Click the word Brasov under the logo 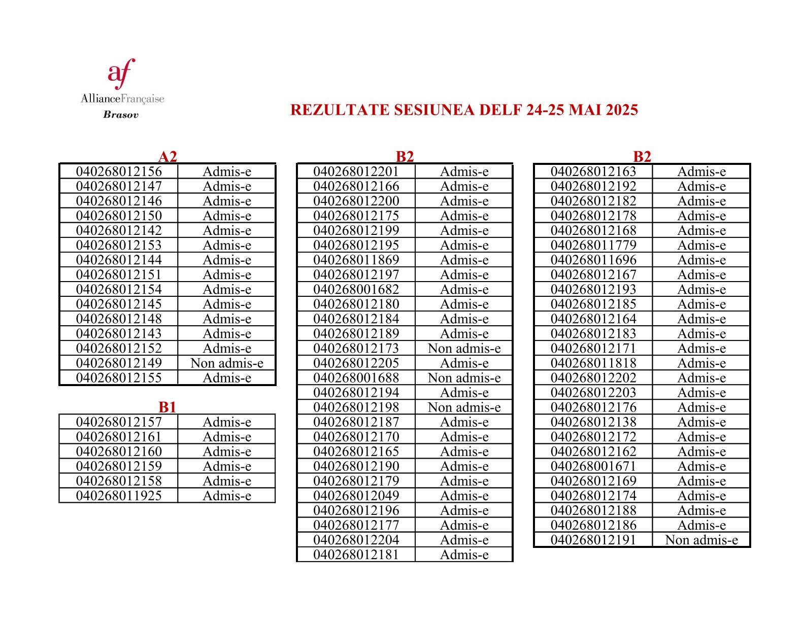click(121, 115)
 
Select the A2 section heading click(167, 156)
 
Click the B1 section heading click(167, 407)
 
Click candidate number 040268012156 click(119, 171)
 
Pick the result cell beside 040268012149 click(227, 363)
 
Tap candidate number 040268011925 click(119, 496)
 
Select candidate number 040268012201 click(356, 171)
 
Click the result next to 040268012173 click(464, 349)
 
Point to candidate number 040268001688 click(356, 378)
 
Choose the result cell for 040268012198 click(464, 407)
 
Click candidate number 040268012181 click(356, 555)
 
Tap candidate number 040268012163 click(593, 171)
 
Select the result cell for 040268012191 click(701, 540)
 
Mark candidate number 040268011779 click(593, 245)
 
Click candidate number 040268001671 click(593, 466)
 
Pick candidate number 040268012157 click(119, 422)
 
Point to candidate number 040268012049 click(356, 496)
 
